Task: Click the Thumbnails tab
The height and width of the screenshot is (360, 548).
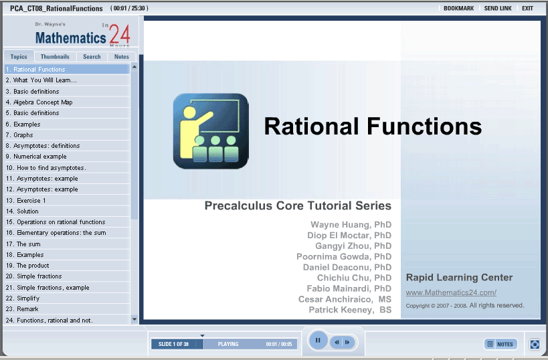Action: point(55,57)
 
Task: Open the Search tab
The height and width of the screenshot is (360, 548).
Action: point(92,57)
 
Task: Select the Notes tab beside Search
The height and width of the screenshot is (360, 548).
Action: point(121,57)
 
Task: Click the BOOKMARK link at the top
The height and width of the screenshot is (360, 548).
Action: point(458,9)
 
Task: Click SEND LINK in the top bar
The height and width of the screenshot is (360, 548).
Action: point(498,9)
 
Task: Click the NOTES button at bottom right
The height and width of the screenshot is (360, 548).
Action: point(500,344)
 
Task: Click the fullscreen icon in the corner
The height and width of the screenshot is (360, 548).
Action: point(535,344)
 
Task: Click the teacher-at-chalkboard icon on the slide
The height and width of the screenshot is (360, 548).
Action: point(211,131)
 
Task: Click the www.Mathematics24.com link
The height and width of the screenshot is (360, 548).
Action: point(451,292)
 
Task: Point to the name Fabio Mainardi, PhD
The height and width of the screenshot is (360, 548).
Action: point(349,288)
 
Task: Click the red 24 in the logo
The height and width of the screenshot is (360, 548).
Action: point(120,34)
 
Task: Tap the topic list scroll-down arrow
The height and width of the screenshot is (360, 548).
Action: point(134,319)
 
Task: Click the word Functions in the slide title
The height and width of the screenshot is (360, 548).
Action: point(424,126)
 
